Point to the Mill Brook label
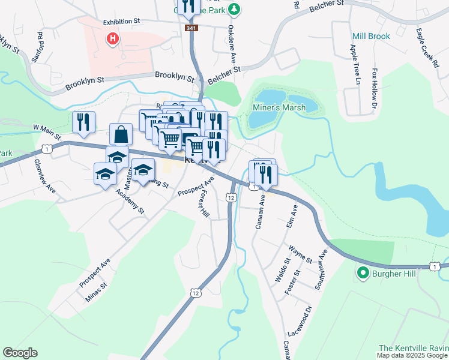click(x=370, y=36)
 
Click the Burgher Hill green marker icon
click(x=363, y=274)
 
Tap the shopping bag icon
click(x=121, y=134)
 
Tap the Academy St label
click(x=130, y=202)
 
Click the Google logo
click(x=20, y=353)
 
